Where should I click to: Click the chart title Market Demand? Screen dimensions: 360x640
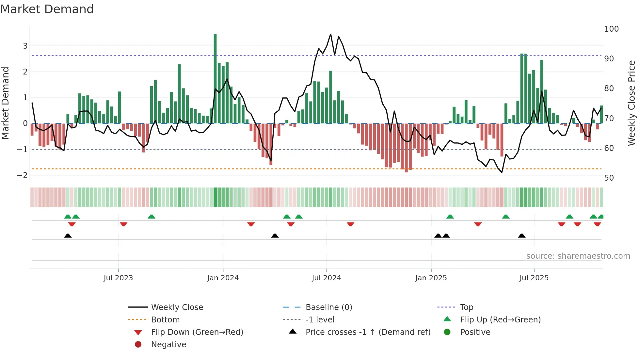pos(47,9)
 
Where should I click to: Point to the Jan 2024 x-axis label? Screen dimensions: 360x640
pos(223,278)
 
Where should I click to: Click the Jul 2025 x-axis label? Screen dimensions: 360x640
pos(534,278)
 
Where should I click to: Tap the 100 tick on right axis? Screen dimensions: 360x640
pos(611,29)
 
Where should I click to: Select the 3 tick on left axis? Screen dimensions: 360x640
pos(25,46)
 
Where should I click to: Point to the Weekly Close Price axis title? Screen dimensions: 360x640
pos(632,103)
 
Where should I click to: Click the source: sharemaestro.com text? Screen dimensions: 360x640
pos(578,256)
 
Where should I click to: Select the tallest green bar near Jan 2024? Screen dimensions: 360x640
pos(215,78)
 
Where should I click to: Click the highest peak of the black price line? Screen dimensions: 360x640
pos(330,34)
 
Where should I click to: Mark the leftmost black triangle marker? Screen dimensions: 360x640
pos(68,236)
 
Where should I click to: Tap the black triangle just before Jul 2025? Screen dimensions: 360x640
pos(521,236)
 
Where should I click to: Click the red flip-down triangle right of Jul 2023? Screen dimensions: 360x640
pos(123,224)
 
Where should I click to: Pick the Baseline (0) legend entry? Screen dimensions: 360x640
pos(328,307)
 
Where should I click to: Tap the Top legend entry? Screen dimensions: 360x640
pos(466,307)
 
